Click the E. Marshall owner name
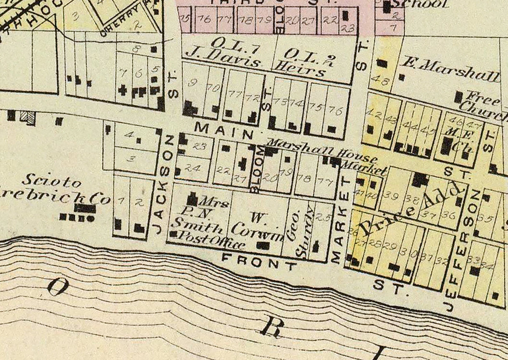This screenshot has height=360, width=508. pyautogui.click(x=450, y=70)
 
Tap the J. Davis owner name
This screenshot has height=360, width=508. pyautogui.click(x=223, y=59)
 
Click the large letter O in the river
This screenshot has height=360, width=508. pyautogui.click(x=58, y=287)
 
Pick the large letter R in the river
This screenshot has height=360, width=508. pyautogui.click(x=270, y=327)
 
